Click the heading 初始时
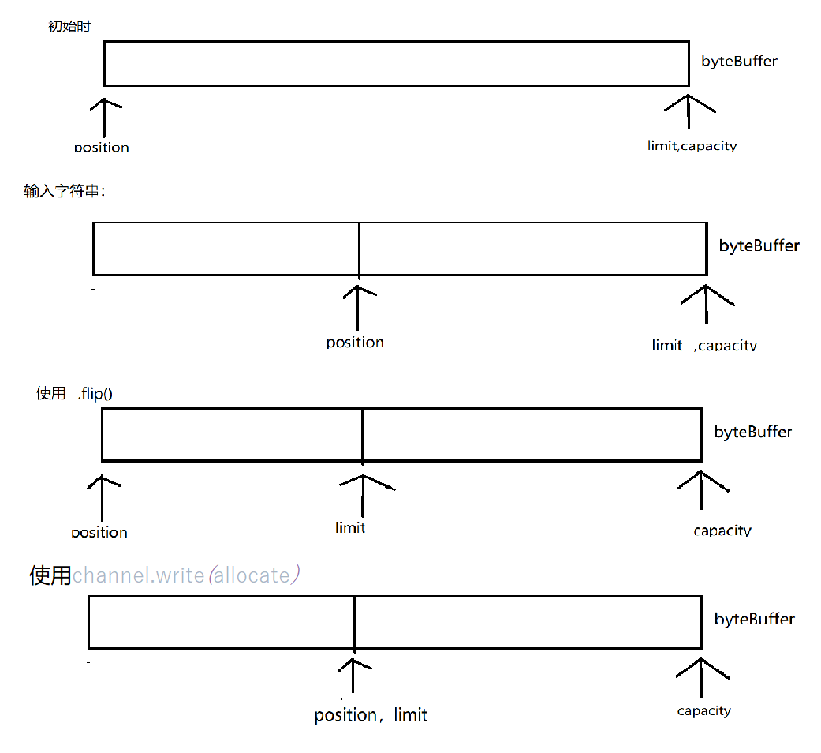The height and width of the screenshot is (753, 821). [69, 27]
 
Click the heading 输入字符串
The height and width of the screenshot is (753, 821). [64, 191]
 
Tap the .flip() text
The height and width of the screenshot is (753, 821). [95, 393]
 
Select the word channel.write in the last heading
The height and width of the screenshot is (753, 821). [139, 575]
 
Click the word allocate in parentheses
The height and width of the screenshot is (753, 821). [252, 575]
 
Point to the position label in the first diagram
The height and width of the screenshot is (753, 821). [102, 147]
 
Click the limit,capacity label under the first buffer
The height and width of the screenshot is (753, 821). [692, 146]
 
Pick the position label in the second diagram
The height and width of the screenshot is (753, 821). [355, 343]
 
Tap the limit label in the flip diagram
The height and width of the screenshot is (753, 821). [350, 527]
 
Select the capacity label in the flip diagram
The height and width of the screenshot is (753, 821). [722, 530]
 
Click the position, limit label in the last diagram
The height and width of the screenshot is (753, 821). [371, 715]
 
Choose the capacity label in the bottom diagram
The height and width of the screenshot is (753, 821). [704, 711]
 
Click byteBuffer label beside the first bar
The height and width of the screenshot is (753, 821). [739, 61]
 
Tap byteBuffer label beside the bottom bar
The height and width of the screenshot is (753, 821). [755, 619]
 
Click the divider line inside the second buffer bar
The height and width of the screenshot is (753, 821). [359, 249]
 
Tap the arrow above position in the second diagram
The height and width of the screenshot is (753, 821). [358, 308]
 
